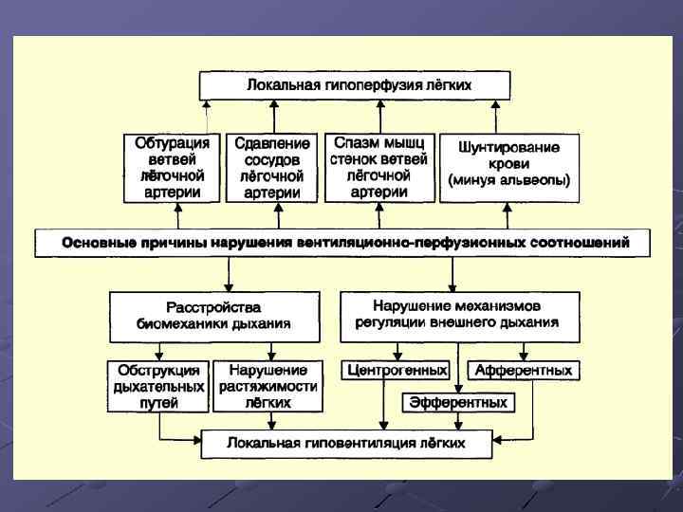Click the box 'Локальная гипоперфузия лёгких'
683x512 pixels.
(355, 85)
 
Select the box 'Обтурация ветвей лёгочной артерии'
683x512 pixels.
(171, 167)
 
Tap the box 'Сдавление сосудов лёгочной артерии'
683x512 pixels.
(271, 167)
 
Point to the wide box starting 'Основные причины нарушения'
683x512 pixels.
(343, 243)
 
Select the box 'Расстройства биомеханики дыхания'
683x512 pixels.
(214, 316)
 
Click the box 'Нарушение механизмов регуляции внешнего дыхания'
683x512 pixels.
(459, 316)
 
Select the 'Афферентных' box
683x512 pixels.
(524, 370)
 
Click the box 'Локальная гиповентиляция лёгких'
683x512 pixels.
(345, 443)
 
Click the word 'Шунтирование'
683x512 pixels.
(508, 148)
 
